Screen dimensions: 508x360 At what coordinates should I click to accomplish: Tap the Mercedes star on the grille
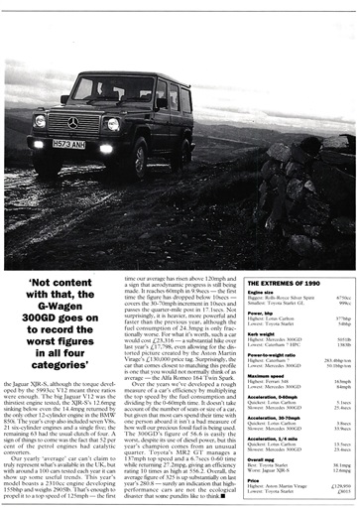click(73, 122)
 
